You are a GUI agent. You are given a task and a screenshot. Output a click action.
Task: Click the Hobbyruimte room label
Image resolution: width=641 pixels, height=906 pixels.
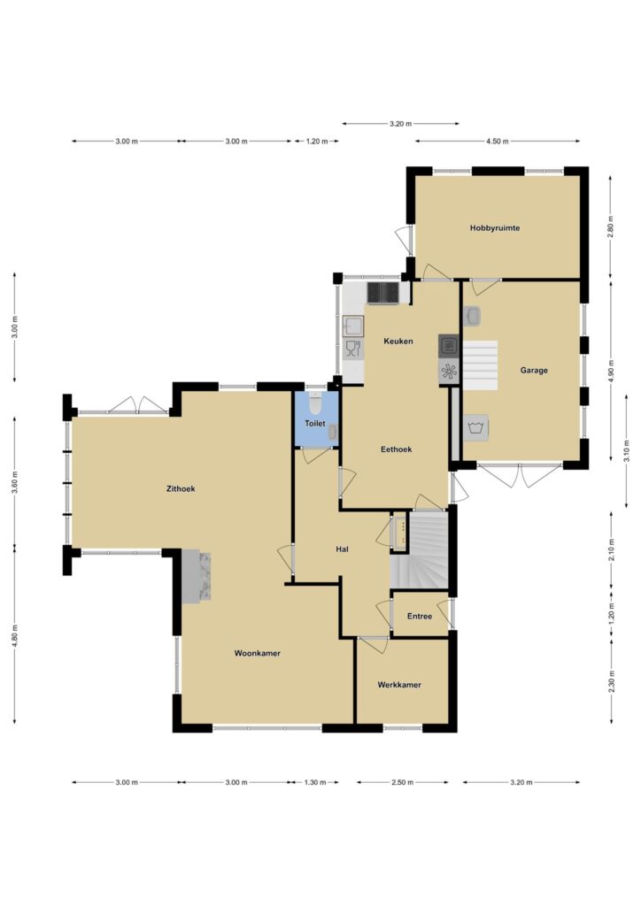(x=494, y=228)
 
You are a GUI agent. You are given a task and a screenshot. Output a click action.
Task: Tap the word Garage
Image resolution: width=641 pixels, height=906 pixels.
(x=534, y=371)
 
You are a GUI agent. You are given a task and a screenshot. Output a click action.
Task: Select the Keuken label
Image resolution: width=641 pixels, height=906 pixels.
(x=398, y=341)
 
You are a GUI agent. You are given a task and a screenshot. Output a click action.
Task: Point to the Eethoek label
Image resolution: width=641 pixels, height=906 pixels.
(x=396, y=449)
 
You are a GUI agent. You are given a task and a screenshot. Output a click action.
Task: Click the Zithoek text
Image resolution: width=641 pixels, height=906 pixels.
(x=181, y=488)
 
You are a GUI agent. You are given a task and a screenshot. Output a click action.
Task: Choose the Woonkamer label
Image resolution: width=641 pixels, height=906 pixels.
(x=258, y=653)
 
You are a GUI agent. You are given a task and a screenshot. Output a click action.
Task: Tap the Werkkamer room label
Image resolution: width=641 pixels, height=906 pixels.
(x=398, y=685)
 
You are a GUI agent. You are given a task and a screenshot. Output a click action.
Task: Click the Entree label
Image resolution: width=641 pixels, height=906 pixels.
(x=419, y=617)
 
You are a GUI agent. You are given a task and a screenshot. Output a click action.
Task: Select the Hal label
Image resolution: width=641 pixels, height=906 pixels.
(x=342, y=549)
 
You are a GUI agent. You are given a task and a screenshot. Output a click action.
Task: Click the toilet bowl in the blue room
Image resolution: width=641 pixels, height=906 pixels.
(x=314, y=401)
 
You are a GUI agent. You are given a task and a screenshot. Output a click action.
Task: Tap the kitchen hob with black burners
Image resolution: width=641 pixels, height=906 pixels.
(x=382, y=292)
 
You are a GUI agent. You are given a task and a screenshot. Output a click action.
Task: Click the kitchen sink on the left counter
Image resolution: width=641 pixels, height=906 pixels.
(x=352, y=326)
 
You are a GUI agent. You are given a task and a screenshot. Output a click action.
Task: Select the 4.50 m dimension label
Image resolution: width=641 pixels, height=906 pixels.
(x=497, y=141)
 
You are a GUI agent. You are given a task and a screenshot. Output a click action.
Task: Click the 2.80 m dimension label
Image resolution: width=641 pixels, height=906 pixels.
(x=611, y=226)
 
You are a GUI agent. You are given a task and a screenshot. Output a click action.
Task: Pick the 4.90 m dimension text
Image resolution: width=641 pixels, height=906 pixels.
(x=611, y=371)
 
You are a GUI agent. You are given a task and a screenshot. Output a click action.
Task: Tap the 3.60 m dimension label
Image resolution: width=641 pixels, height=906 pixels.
(x=15, y=482)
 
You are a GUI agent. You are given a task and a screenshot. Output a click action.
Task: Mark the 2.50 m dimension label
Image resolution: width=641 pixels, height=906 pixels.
(x=402, y=782)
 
